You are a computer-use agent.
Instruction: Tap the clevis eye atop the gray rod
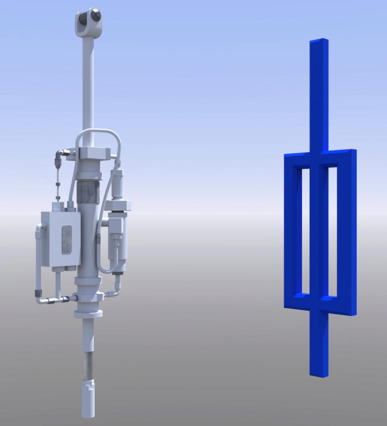(x=88, y=20)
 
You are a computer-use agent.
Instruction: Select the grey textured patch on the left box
(x=67, y=239)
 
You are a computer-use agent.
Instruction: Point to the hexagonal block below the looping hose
(x=94, y=153)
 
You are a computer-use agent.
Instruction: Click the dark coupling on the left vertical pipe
(x=38, y=293)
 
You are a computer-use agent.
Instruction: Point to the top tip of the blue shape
(x=319, y=40)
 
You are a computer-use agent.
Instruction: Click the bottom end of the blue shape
(x=319, y=374)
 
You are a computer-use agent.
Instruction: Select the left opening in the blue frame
(x=305, y=231)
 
